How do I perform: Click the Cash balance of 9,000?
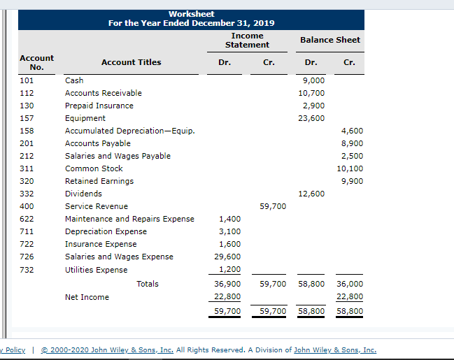coord(313,80)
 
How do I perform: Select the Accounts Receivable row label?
coord(104,93)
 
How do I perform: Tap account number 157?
coord(27,118)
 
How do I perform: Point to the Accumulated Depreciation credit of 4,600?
coord(352,131)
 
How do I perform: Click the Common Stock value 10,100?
coord(350,168)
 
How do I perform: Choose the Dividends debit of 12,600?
coord(311,194)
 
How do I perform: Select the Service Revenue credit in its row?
coord(273,206)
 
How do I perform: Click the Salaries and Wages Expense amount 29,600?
coord(227,257)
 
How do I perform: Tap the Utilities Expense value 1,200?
coord(230,269)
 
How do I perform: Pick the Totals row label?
coord(148,284)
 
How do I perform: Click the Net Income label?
coord(87,297)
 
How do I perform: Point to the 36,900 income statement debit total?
coord(227,284)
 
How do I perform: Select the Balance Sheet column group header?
coord(330,40)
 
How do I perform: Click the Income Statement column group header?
coord(247,41)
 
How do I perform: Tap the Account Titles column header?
coord(131,62)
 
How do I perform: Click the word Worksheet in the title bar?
coord(192,14)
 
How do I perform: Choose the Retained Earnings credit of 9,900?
coord(352,181)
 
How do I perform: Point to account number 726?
coord(27,257)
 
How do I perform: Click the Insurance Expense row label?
coord(101,244)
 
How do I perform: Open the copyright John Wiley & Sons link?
coord(107,350)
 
